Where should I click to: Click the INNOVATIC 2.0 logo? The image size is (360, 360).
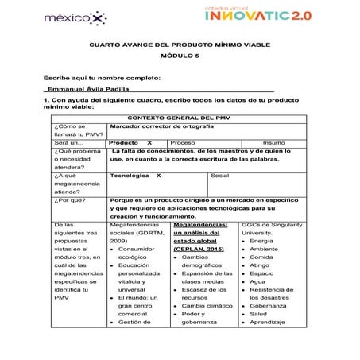point(269,14)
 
